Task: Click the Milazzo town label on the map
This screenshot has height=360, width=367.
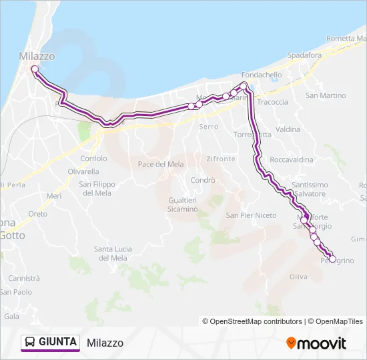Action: tap(37, 57)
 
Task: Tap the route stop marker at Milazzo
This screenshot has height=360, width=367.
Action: tap(34, 69)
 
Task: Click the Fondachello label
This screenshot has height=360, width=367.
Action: tap(262, 75)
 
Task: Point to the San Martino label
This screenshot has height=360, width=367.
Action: tap(326, 95)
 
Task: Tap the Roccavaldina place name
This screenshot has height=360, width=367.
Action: tap(292, 160)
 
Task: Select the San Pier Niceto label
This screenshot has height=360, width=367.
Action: tap(251, 215)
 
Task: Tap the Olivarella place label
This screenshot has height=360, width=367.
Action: tap(83, 171)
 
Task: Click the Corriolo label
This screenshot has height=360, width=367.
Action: tap(93, 159)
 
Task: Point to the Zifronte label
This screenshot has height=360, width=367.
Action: tap(221, 159)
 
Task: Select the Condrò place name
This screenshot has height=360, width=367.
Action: tap(203, 180)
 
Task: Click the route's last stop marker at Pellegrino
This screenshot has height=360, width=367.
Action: tap(332, 258)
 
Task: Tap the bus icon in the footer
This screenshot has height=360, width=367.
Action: tap(30, 343)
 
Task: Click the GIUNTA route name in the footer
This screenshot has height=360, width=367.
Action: tap(57, 343)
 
